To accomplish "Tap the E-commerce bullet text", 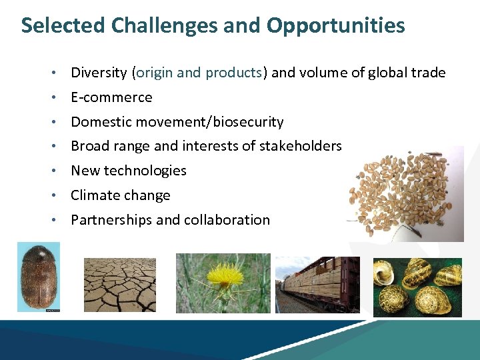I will point(111,97).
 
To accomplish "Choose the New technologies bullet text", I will point(129,171).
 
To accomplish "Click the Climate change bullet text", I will point(121,195).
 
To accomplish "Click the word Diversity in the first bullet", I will point(99,73).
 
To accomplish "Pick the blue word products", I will point(234,73).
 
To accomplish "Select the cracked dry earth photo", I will point(120,285).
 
